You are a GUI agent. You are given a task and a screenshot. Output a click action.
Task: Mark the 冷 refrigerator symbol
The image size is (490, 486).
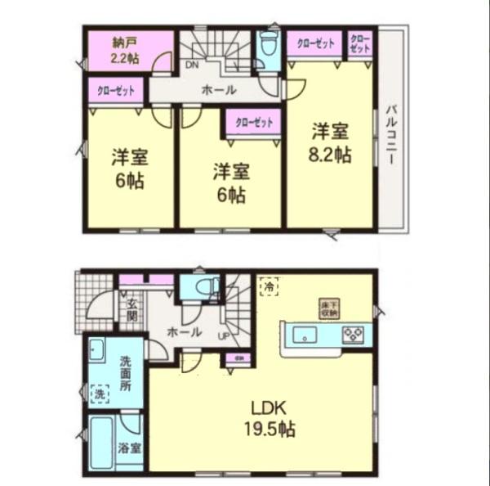[x=269, y=287]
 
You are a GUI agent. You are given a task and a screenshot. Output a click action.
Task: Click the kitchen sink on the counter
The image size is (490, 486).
[x=307, y=333]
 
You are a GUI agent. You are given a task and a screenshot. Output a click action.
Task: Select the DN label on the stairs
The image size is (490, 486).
[x=192, y=65]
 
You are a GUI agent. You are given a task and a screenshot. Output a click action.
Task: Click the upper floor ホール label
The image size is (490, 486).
[x=220, y=90]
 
